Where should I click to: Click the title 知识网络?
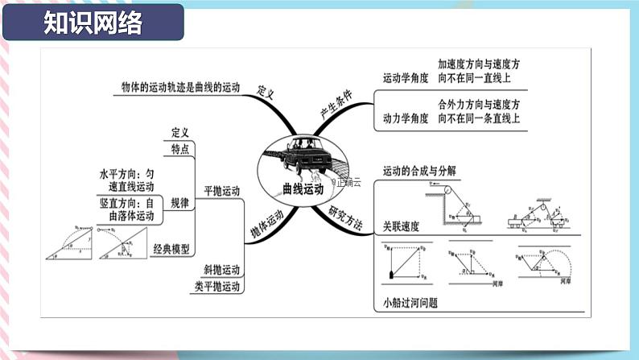pyautogui.click(x=93, y=23)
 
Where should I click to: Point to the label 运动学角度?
pyautogui.click(x=405, y=79)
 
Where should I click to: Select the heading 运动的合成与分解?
pyautogui.click(x=419, y=170)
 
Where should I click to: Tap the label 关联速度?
pyautogui.click(x=401, y=227)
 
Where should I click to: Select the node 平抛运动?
pyautogui.click(x=221, y=191)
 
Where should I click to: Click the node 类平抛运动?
pyautogui.click(x=217, y=287)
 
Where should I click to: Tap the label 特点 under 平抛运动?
pyautogui.click(x=180, y=149)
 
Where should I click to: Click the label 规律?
pyautogui.click(x=180, y=205)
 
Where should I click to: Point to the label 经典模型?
pyautogui.click(x=172, y=250)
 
